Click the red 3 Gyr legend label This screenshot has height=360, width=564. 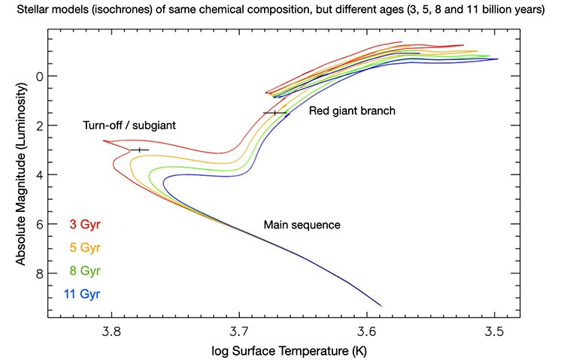pos(84,224)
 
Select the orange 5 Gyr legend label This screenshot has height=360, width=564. pos(84,247)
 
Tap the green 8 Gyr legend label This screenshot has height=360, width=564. pos(84,271)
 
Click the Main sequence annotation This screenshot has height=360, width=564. pos(302,225)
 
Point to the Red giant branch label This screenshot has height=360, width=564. pos(352,110)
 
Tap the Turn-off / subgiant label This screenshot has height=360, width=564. pos(129,125)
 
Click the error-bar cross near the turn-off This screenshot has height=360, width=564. pos(140,150)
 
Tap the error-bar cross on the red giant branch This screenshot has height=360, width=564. pos(275,113)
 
